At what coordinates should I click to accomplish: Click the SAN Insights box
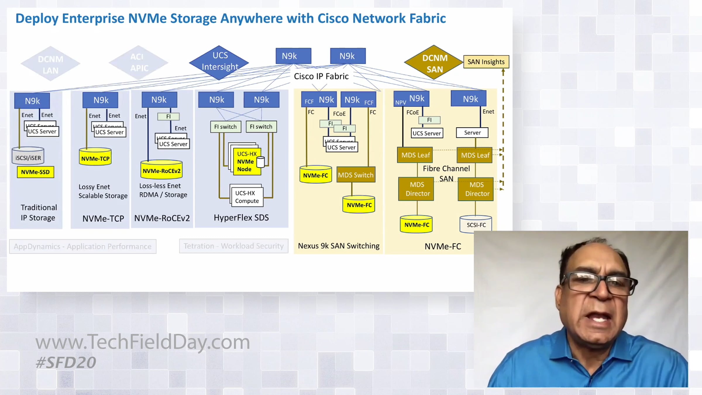coord(486,62)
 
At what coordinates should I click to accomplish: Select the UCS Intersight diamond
coord(219,62)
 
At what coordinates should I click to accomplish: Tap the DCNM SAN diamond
coord(434,63)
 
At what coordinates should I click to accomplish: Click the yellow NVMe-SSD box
coord(35,172)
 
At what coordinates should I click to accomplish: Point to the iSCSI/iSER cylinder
coord(28,156)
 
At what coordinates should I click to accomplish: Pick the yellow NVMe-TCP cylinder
coord(95,157)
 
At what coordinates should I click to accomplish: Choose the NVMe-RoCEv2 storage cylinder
coord(161,170)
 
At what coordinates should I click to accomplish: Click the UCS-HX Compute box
coord(247,197)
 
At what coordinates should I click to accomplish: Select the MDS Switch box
coord(356,175)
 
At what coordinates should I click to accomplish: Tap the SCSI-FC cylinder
coord(476,224)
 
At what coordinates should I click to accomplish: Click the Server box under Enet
coord(472,133)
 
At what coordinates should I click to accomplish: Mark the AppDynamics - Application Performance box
coord(83,246)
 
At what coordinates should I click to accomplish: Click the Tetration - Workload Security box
coord(233,246)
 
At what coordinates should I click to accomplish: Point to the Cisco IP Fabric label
coord(321,76)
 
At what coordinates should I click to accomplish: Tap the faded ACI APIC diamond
coord(138,62)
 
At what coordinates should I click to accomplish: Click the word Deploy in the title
coord(37,18)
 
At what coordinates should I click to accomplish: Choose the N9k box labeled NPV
coord(411,99)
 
